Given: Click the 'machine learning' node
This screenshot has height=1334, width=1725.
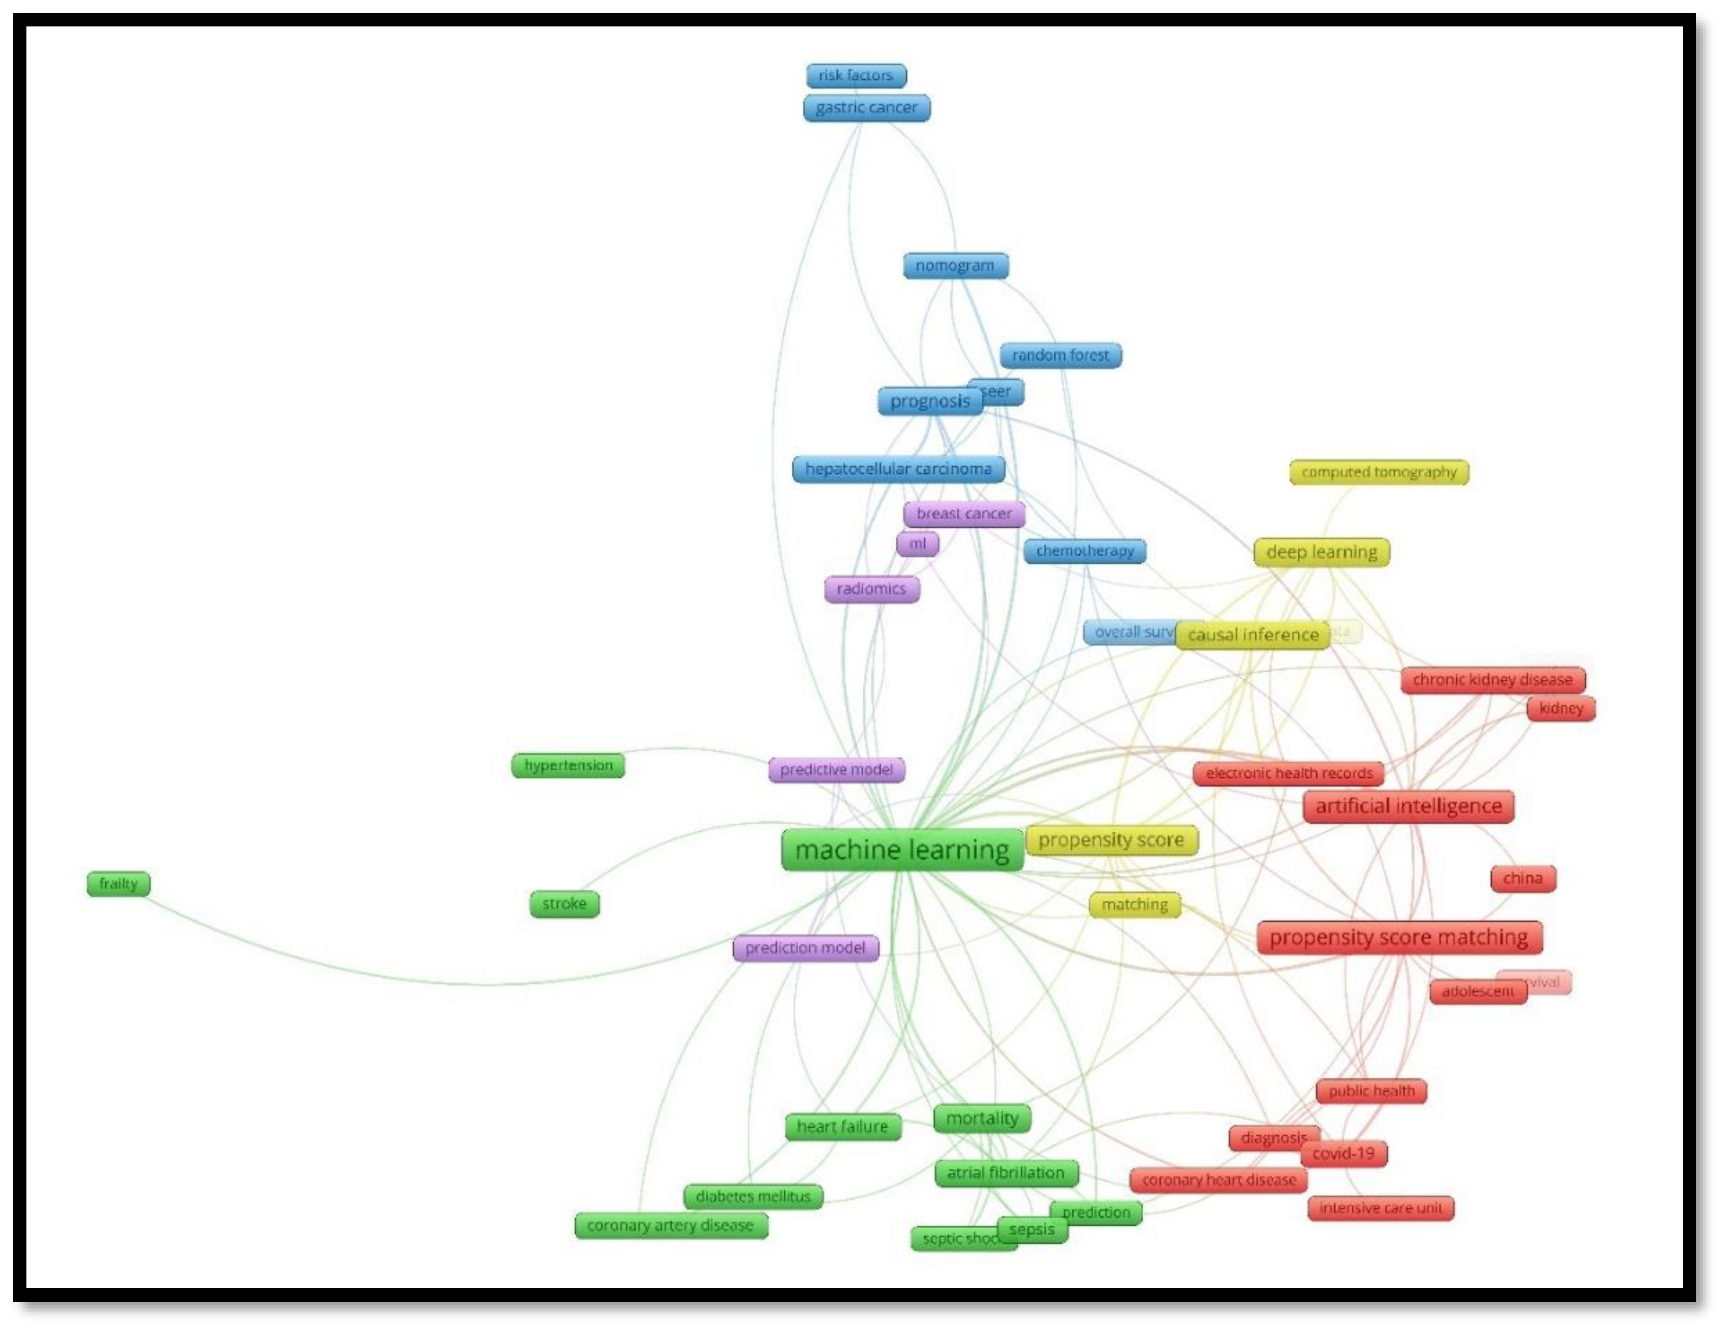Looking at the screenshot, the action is [901, 851].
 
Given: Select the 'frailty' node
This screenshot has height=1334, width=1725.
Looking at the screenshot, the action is [118, 884].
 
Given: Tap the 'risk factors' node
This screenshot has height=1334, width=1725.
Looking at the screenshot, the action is [856, 76].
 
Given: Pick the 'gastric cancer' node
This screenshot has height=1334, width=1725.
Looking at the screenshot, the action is [866, 107].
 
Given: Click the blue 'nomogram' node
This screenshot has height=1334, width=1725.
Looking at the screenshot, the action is [955, 265].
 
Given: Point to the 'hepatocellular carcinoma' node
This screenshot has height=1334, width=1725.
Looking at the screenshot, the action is [898, 469].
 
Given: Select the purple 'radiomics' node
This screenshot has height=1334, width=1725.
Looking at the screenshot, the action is [871, 589].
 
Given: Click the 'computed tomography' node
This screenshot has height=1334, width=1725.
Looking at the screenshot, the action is [1378, 472].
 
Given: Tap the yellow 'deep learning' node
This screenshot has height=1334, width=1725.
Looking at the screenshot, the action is [1322, 552].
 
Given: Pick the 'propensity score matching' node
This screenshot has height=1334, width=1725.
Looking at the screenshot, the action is [1399, 937].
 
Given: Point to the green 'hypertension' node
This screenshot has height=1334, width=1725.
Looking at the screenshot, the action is [568, 765].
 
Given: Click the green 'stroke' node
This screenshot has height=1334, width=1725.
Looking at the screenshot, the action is [564, 903].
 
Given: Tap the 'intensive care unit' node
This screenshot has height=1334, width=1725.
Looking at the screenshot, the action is [1380, 1207].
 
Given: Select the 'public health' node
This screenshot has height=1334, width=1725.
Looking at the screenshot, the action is [1371, 1090].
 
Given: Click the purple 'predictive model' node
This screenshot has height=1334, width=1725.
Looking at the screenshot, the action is [836, 769].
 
